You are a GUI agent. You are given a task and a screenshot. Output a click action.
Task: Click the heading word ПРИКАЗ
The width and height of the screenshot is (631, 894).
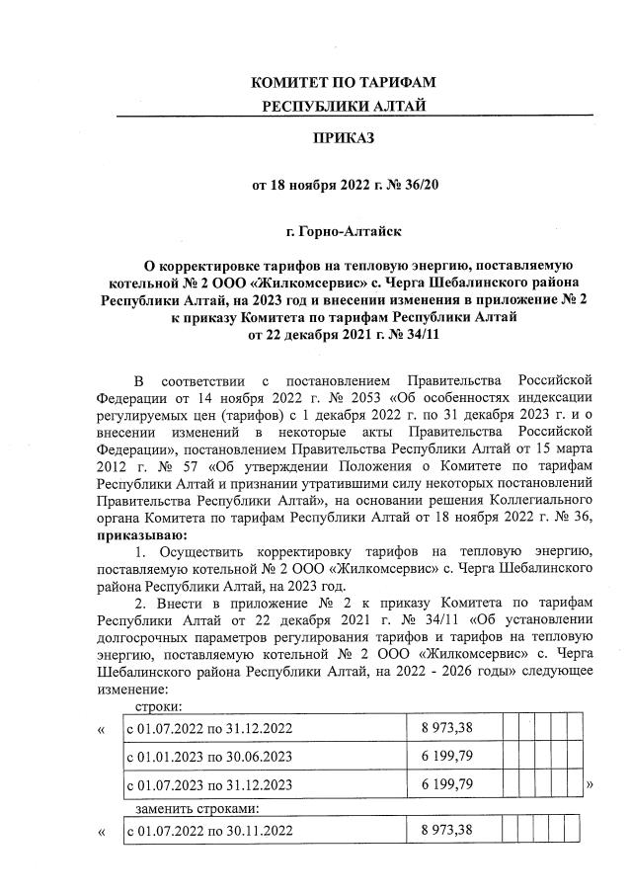344,139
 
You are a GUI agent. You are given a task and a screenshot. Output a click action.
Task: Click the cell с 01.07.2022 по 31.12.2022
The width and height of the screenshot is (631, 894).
208,729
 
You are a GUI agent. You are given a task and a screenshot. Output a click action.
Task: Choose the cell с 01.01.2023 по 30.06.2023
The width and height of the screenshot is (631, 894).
208,757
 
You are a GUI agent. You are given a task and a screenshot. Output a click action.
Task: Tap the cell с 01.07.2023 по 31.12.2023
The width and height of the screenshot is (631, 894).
208,784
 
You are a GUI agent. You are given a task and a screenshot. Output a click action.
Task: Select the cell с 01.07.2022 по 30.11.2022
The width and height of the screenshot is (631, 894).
208,830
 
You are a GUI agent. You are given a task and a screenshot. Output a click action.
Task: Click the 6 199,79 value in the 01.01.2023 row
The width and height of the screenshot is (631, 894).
447,757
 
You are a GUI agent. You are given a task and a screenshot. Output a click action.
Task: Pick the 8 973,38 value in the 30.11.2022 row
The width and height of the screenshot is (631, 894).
447,830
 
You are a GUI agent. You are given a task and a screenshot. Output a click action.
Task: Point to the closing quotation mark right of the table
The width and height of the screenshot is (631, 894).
590,784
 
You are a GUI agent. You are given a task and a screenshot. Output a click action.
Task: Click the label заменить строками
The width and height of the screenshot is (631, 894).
181,809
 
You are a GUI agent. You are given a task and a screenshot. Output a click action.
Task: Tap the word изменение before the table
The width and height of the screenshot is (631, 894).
131,690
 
